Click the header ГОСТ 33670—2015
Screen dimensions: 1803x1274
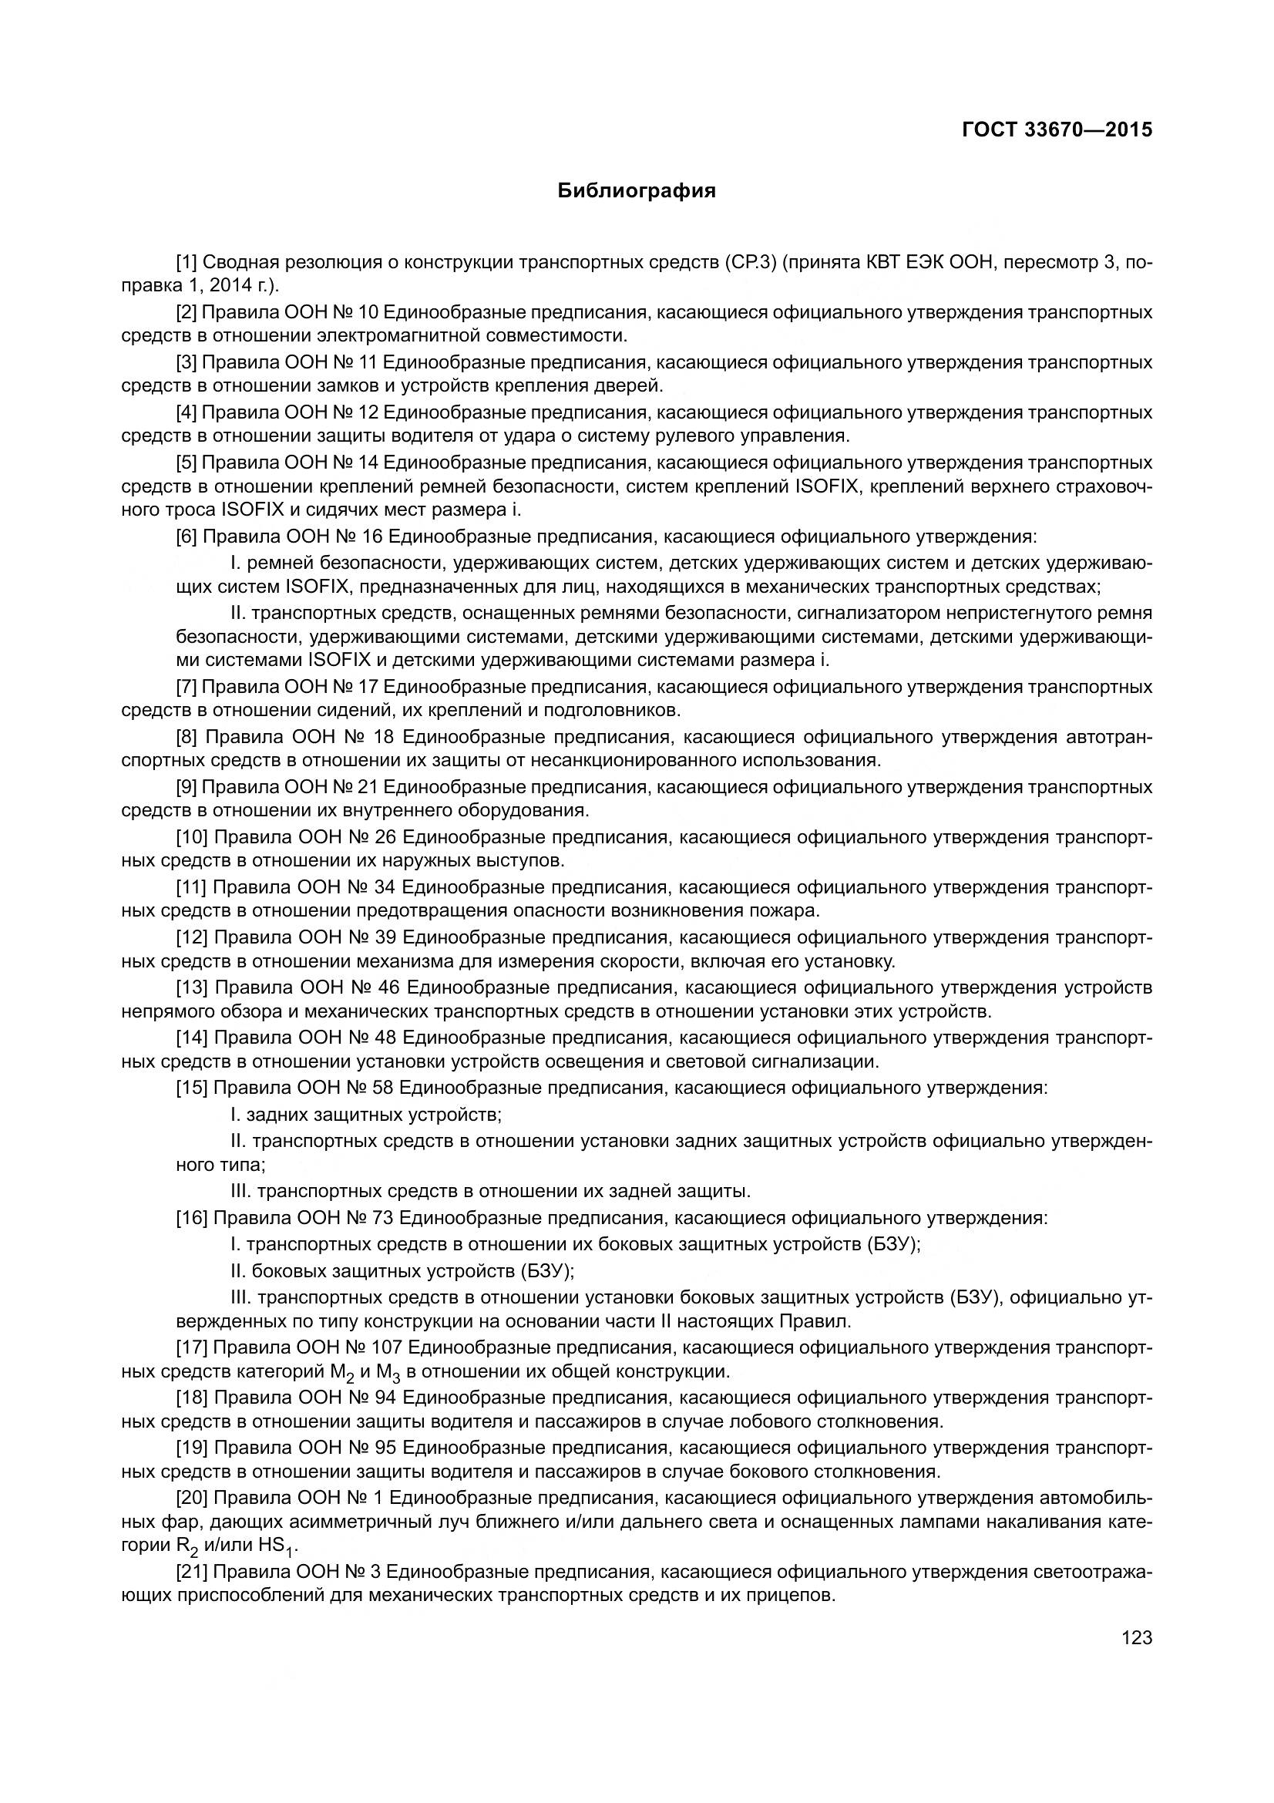1057,130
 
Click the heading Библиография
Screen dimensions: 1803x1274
637,191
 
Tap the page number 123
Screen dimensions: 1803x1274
1137,1637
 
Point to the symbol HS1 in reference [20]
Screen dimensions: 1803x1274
274,1546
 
